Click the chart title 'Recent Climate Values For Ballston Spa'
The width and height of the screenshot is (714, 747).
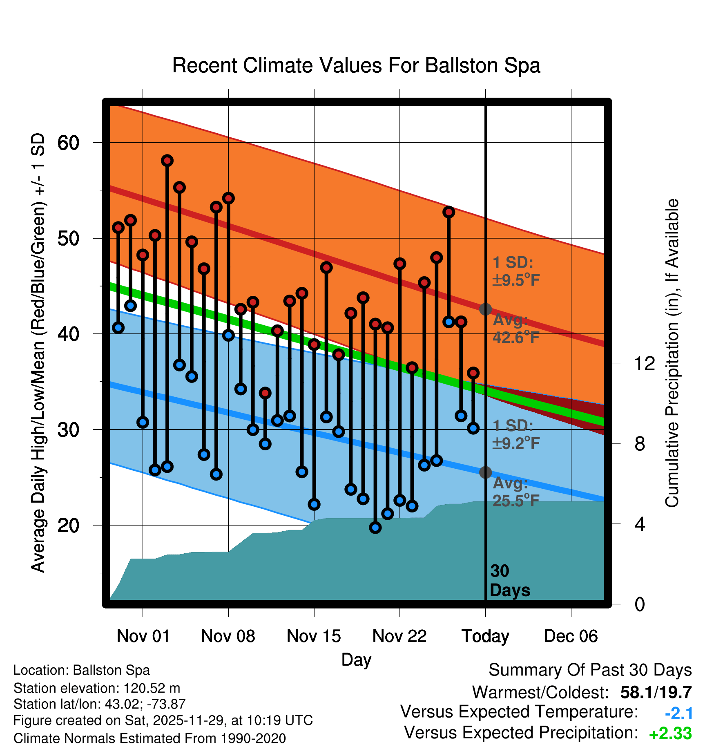[356, 65]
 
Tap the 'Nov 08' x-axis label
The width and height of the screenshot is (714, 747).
[228, 636]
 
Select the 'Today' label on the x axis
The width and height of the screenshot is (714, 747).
[485, 636]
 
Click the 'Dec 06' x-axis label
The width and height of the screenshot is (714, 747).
[571, 636]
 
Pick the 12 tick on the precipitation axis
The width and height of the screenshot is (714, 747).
[645, 363]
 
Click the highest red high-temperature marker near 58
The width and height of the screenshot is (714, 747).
[167, 161]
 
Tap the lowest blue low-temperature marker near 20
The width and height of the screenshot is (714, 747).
[375, 528]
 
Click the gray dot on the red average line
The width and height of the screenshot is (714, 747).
[485, 309]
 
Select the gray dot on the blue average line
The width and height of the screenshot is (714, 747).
[485, 472]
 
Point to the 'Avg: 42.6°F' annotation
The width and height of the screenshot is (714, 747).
[515, 329]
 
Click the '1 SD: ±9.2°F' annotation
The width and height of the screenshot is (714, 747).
[515, 434]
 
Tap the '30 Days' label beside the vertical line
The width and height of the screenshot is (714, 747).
[509, 581]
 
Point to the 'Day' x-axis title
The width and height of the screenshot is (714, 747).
[356, 660]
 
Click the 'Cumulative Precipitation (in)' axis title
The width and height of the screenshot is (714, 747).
[672, 353]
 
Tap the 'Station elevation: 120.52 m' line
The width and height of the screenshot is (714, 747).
[97, 688]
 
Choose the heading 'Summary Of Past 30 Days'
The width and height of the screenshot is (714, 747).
[590, 670]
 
